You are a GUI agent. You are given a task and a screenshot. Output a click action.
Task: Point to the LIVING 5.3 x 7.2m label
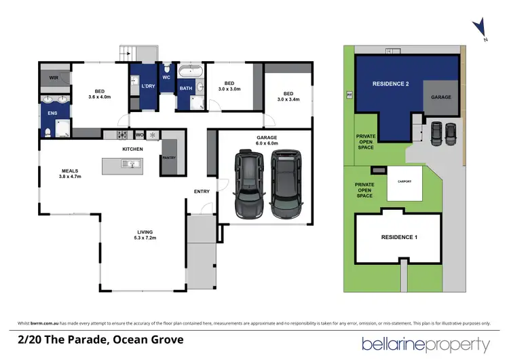[x=145, y=235]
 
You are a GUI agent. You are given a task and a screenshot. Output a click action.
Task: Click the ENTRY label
[x=202, y=192]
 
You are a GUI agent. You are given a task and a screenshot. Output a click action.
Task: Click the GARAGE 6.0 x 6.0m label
[x=266, y=141]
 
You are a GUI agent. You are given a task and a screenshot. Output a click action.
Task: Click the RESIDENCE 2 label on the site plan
[x=390, y=84]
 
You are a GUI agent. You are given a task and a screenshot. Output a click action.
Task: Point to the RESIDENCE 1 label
[x=397, y=237]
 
